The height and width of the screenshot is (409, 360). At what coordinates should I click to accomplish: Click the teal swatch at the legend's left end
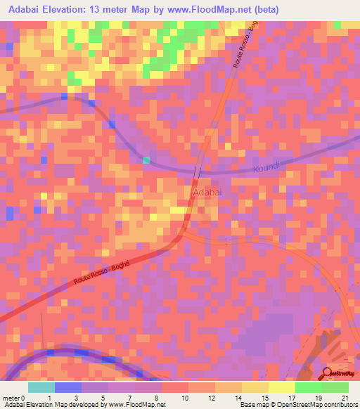pos(41,387)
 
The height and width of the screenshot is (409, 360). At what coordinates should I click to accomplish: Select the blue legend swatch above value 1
pos(67,387)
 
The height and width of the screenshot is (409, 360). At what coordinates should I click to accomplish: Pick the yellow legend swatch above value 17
pos(281,387)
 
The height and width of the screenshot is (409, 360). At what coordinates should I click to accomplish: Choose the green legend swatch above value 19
pos(308,387)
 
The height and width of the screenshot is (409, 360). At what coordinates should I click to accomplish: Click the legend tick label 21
pos(345,398)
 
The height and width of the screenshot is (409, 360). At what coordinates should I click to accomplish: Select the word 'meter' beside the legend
pos(11,398)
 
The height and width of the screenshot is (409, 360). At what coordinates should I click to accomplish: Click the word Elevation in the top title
pos(70,10)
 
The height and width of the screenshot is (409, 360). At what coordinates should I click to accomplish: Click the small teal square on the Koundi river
pos(146,160)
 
